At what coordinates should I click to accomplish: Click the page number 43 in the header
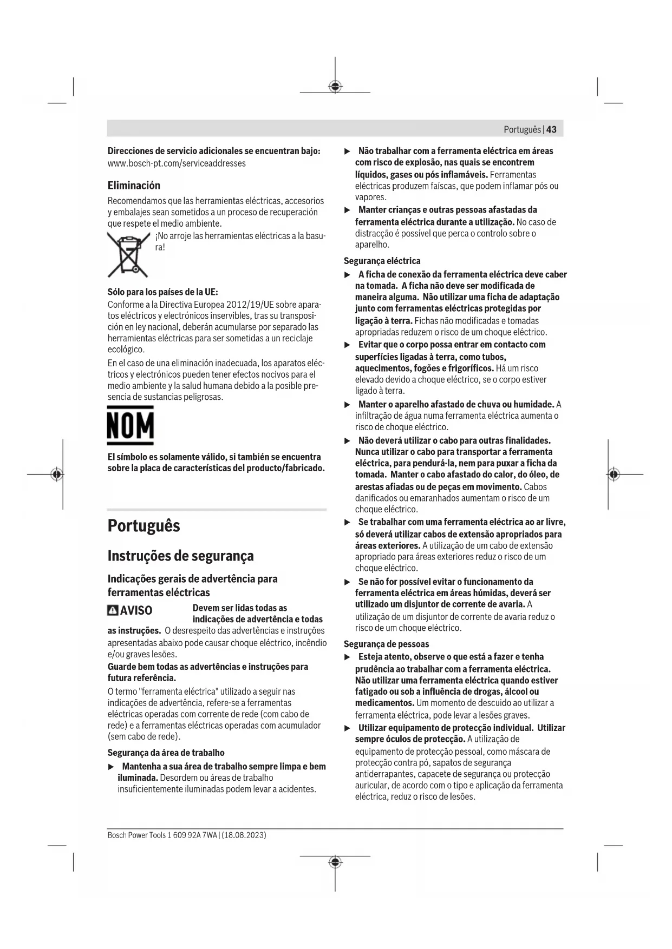click(x=551, y=129)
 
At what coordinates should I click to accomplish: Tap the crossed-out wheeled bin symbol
click(x=128, y=254)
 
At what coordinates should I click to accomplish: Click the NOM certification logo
click(x=130, y=425)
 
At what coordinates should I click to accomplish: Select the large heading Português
click(x=143, y=526)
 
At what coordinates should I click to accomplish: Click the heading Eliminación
click(x=134, y=186)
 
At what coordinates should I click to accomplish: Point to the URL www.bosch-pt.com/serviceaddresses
click(x=177, y=163)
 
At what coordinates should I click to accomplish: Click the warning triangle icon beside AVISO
click(x=113, y=611)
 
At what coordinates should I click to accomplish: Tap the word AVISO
click(x=136, y=611)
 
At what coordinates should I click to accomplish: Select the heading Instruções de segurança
click(x=180, y=556)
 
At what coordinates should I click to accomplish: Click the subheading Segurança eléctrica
click(x=382, y=261)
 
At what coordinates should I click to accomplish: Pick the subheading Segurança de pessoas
click(x=386, y=644)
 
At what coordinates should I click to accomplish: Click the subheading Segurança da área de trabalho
click(x=166, y=753)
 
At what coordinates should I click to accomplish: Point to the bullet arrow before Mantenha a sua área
click(x=112, y=767)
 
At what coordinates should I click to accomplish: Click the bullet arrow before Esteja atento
click(x=348, y=657)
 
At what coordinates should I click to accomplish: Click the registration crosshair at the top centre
click(x=335, y=87)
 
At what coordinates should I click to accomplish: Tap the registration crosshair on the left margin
click(x=57, y=475)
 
